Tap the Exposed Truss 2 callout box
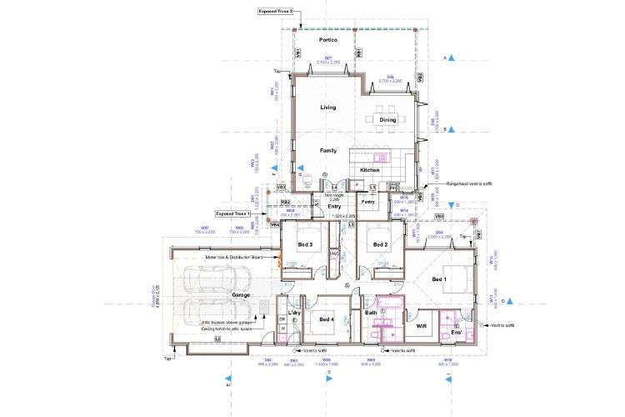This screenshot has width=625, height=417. [276, 12]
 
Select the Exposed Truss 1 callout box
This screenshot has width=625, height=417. [235, 214]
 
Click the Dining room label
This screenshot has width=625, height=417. [388, 120]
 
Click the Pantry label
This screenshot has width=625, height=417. [367, 201]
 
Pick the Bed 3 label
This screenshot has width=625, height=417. [304, 244]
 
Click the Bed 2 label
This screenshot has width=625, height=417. [381, 244]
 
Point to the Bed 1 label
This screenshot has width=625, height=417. [440, 279]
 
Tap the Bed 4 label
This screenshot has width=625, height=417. [325, 319]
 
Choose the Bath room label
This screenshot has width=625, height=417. [372, 313]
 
